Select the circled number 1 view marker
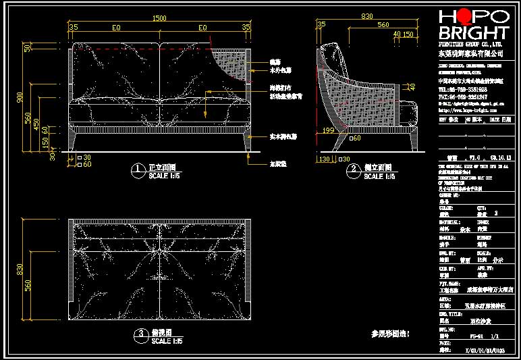[x=138, y=169]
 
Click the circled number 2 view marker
[x=352, y=169]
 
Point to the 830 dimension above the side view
[x=366, y=16]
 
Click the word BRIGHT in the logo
[x=473, y=34]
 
